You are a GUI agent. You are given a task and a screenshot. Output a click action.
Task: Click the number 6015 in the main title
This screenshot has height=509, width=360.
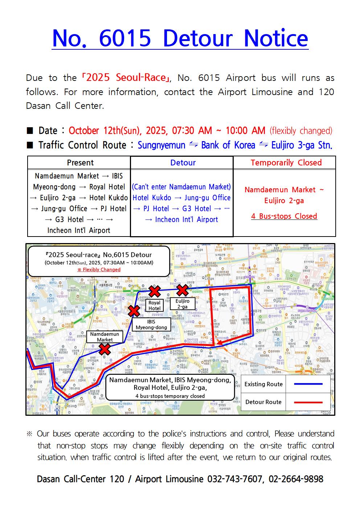coord(124,38)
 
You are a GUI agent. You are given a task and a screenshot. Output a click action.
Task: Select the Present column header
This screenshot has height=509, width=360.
coord(80,163)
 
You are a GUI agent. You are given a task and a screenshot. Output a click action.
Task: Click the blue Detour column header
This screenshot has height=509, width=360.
coord(183,163)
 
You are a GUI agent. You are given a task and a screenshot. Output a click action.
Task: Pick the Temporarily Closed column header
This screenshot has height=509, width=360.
coord(286,163)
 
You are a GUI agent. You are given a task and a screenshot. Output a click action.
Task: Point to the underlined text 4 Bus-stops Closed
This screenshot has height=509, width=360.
coord(284,216)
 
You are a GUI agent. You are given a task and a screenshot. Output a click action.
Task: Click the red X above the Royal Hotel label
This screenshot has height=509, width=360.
coord(155,291)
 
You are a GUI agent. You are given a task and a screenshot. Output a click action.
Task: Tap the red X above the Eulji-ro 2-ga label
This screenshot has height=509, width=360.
coord(182,290)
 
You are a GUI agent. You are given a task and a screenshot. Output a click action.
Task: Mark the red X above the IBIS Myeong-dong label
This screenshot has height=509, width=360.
coord(134,311)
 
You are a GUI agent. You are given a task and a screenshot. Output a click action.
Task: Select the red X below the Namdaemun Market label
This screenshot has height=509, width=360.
coord(105,349)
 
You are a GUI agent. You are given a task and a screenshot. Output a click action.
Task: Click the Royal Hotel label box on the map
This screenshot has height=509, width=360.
coord(154,305)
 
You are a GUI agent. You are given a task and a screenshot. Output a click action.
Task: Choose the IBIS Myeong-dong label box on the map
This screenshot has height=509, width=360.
coord(151,324)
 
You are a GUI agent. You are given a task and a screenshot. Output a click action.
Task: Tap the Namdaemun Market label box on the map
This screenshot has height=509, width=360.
coord(105,337)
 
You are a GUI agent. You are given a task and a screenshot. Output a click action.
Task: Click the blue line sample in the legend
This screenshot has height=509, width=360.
coord(308,384)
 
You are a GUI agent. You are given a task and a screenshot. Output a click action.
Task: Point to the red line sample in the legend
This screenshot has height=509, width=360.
coord(308,402)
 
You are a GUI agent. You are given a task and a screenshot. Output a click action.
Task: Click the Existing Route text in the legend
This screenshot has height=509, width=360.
coord(263,384)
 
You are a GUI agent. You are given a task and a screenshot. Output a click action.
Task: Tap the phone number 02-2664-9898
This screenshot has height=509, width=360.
coord(296,479)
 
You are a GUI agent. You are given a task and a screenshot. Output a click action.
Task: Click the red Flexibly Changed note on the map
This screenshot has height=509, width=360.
coord(99,270)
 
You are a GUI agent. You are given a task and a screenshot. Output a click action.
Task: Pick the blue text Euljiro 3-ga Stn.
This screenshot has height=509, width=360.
coord(302,145)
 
